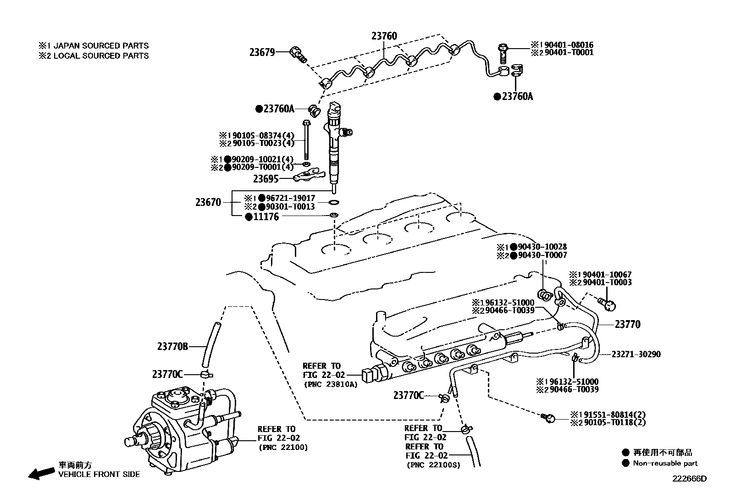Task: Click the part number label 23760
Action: (x=384, y=36)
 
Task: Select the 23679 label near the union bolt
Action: (x=262, y=52)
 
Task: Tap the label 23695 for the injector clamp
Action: (x=266, y=178)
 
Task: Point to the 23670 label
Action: (x=208, y=202)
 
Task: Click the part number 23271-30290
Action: (x=636, y=354)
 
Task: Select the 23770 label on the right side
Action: (x=627, y=324)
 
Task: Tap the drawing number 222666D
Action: (x=690, y=479)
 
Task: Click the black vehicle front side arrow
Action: (x=40, y=473)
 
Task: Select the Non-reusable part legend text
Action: (x=665, y=463)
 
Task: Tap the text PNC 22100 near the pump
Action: (x=283, y=447)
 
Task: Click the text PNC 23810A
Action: (x=330, y=384)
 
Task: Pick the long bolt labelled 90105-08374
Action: (x=306, y=142)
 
